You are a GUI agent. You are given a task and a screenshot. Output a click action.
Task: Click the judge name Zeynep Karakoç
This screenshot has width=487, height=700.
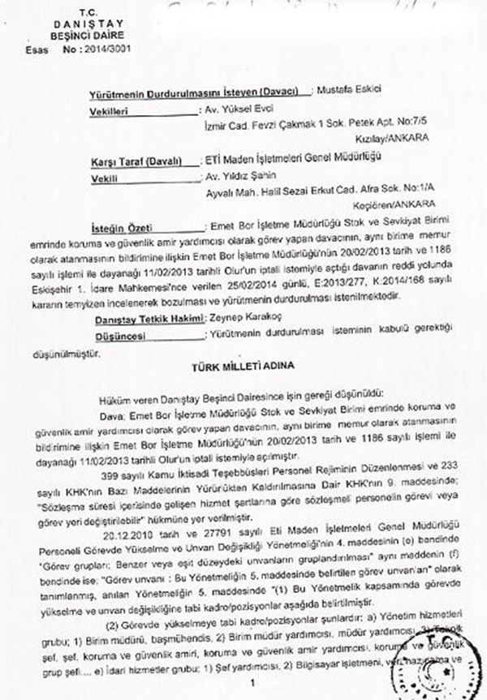pyautogui.click(x=247, y=320)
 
